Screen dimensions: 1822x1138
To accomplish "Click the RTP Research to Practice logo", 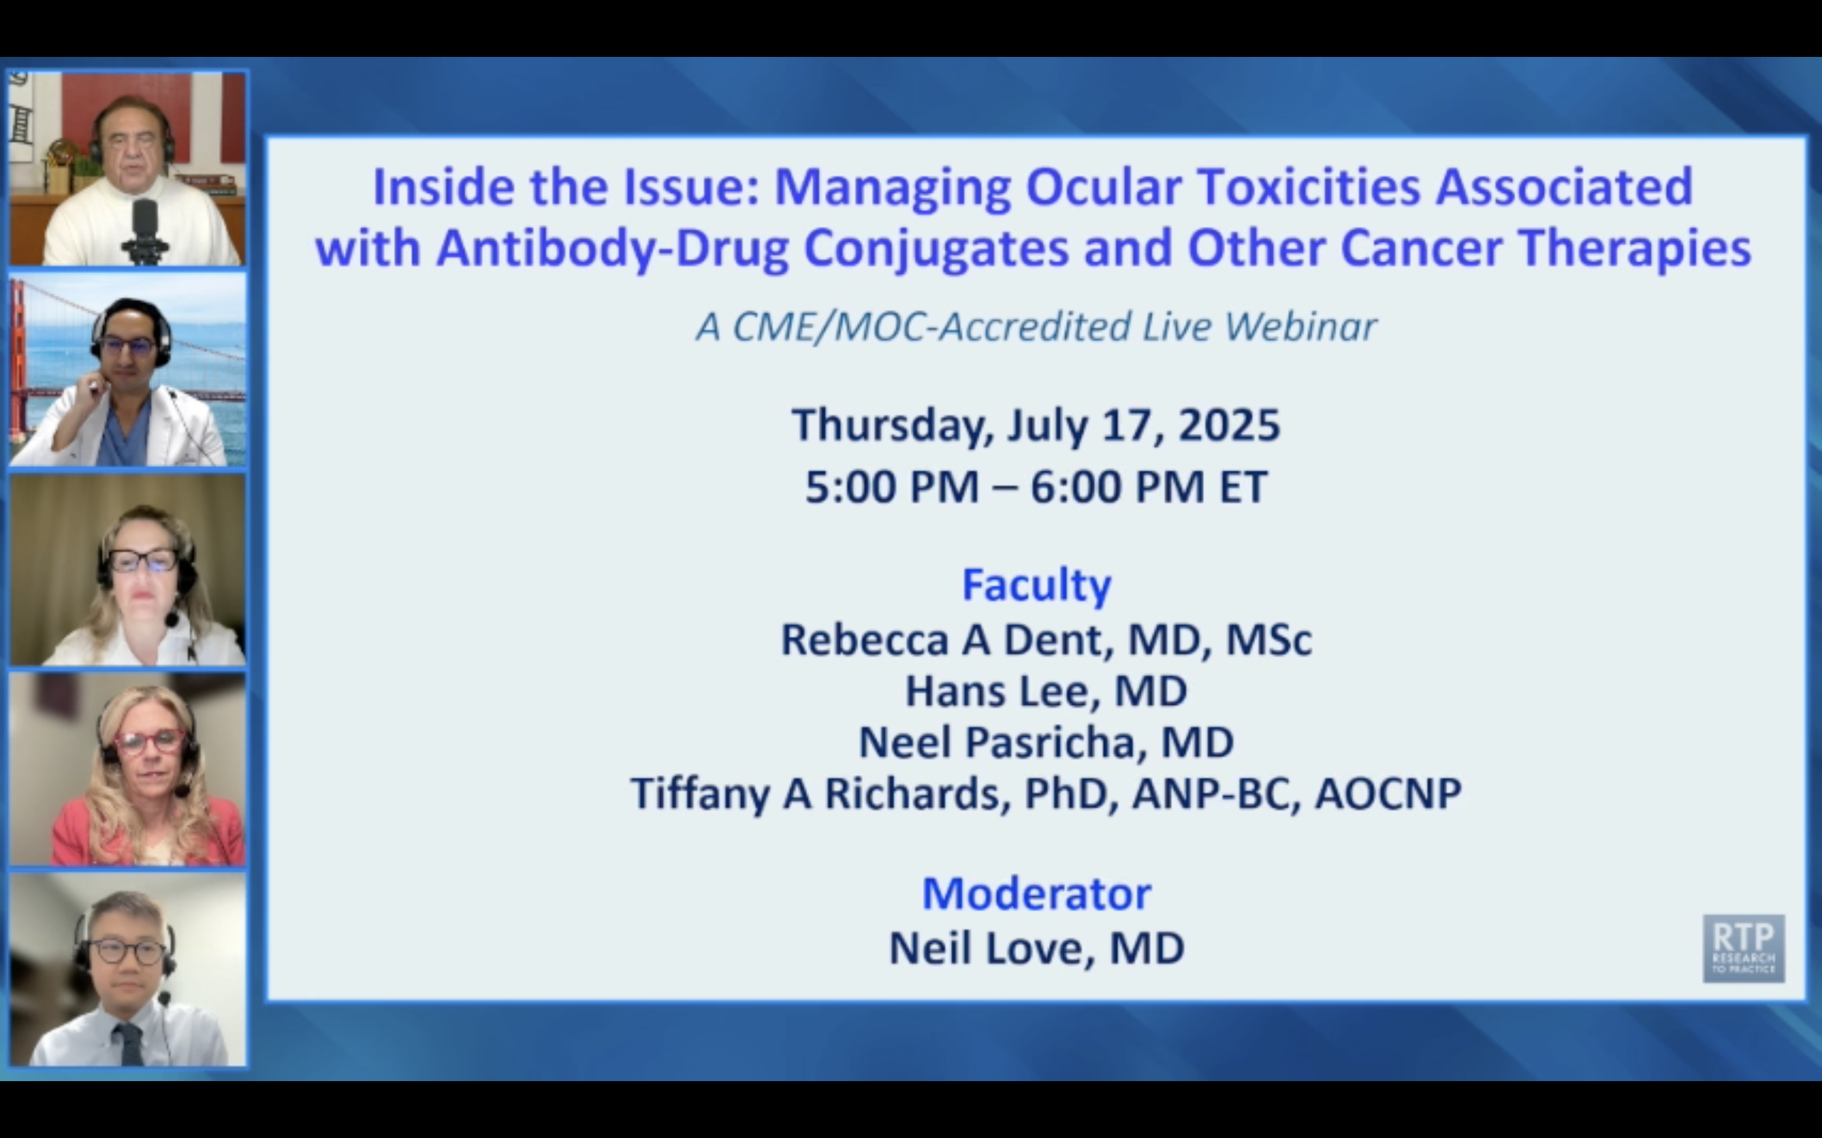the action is click(1744, 948).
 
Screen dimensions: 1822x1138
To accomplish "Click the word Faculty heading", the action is click(1037, 585).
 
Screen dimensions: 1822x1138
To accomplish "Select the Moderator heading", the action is click(1037, 893).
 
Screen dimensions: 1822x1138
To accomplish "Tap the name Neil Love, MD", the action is click(1037, 948).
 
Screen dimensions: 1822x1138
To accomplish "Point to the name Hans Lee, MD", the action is click(1046, 691).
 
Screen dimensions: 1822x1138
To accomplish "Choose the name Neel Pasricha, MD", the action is click(1046, 742).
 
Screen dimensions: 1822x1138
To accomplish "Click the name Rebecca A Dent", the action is click(946, 640).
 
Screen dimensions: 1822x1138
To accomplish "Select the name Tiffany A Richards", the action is click(819, 794).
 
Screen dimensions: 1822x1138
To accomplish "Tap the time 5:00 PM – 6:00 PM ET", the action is click(1037, 487).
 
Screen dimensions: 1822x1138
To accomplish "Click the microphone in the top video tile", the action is click(146, 229).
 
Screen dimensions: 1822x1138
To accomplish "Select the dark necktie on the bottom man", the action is click(130, 1043).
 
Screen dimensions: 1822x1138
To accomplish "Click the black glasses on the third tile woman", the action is click(143, 561).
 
